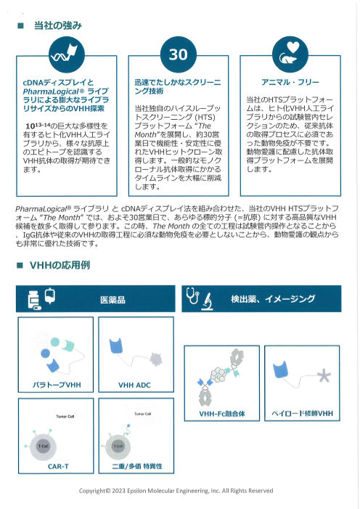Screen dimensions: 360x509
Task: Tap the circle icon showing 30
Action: pos(178,54)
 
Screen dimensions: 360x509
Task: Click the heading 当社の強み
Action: pos(57,25)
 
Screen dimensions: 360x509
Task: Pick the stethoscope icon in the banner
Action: pos(192,298)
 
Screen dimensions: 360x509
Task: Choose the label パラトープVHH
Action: pos(57,384)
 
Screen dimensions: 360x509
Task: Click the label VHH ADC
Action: pos(134,384)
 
